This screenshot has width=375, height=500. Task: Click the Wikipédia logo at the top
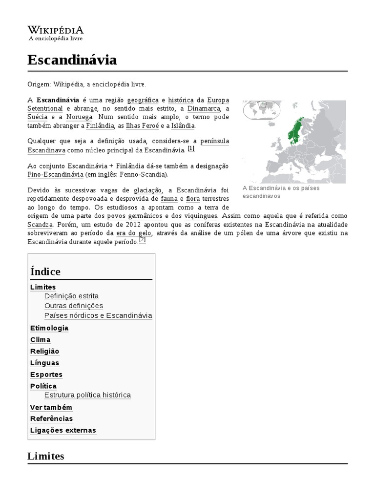(55, 32)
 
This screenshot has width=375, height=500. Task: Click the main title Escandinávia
(72, 60)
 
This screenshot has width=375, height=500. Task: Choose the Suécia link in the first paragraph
(38, 117)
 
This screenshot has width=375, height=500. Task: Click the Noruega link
(79, 117)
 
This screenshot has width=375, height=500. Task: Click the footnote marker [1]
(190, 148)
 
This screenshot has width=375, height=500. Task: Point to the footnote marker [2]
(142, 239)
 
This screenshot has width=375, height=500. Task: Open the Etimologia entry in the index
(49, 328)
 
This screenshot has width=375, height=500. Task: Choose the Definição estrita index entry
(71, 296)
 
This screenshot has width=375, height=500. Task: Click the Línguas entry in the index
(44, 363)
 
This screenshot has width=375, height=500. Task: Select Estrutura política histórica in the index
(87, 395)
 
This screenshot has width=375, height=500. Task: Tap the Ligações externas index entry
(63, 430)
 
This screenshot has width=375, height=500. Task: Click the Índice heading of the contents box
(45, 271)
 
